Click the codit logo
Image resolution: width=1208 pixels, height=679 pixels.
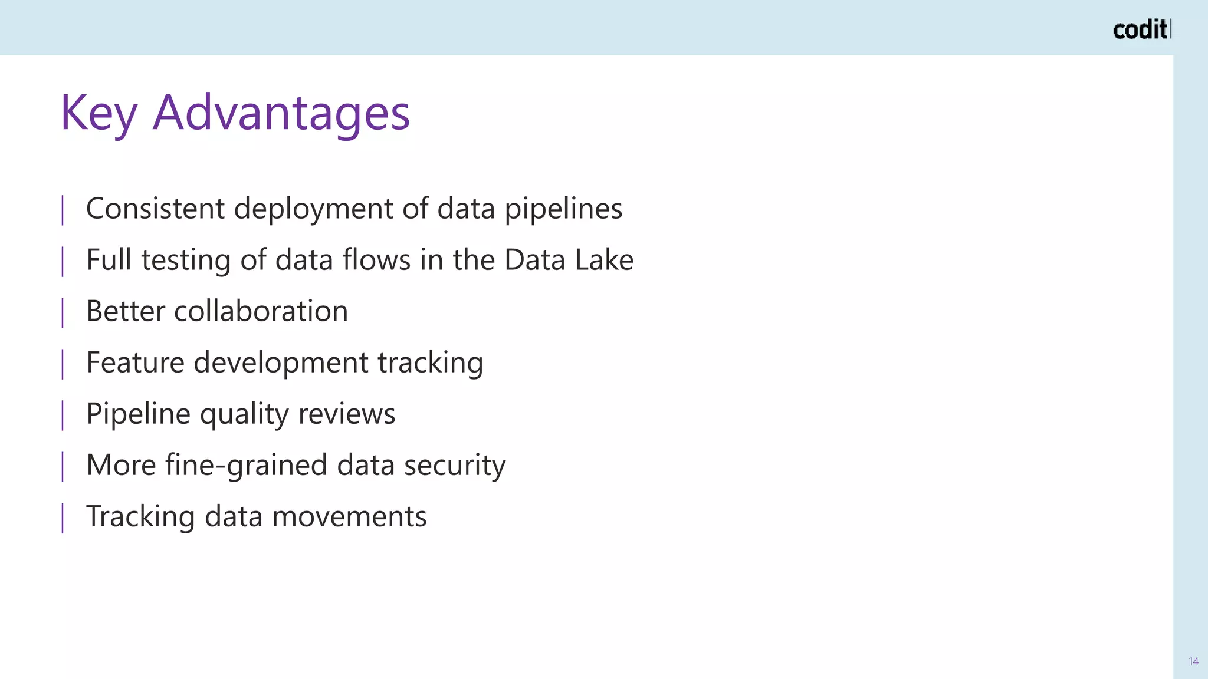[1141, 29]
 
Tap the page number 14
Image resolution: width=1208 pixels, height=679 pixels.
[1193, 661]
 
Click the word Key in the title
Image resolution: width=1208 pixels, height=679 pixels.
[99, 113]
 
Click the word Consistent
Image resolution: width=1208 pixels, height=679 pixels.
[155, 209]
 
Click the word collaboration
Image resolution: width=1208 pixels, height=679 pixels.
[261, 311]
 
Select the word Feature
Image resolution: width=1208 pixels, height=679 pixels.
[135, 362]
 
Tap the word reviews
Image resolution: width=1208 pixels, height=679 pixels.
[346, 414]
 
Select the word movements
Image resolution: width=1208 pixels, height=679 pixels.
[349, 516]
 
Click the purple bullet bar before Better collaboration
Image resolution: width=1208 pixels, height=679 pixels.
[63, 312]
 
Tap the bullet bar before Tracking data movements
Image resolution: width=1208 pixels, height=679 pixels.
[63, 517]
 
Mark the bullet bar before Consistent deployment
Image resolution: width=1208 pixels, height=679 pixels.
[63, 210]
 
